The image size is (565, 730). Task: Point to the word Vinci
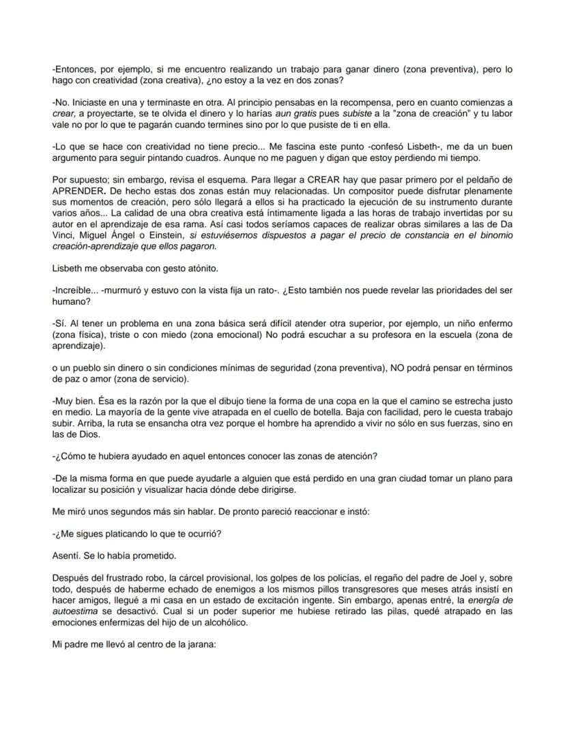[x=63, y=235]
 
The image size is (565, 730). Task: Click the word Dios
[x=87, y=434]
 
